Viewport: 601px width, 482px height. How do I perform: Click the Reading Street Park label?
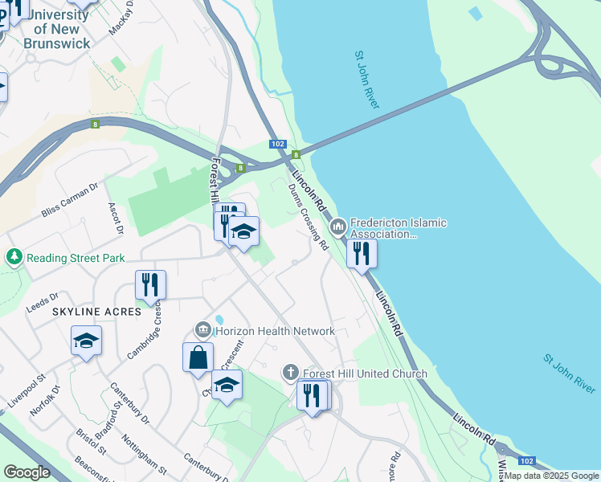pyautogui.click(x=76, y=258)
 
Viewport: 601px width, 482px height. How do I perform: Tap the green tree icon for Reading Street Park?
pyautogui.click(x=14, y=257)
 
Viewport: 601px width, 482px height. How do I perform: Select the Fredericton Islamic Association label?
pyautogui.click(x=398, y=228)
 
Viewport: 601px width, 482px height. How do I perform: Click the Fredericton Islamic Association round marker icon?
pyautogui.click(x=337, y=228)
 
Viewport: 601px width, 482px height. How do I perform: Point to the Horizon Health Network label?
pyautogui.click(x=275, y=331)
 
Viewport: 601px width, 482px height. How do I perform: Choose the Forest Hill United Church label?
pyautogui.click(x=365, y=374)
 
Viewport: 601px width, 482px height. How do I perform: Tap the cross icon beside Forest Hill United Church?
pyautogui.click(x=291, y=373)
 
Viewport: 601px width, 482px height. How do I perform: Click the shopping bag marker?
pyautogui.click(x=198, y=357)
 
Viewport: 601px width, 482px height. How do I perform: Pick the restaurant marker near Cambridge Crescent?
pyautogui.click(x=150, y=284)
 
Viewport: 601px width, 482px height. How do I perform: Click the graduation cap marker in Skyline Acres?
pyautogui.click(x=86, y=341)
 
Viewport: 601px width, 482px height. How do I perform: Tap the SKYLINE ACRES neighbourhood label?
pyautogui.click(x=97, y=311)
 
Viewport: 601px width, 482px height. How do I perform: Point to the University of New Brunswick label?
pyautogui.click(x=56, y=30)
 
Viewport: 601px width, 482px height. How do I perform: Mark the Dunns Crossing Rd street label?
pyautogui.click(x=309, y=216)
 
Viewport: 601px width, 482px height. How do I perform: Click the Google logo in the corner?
pyautogui.click(x=27, y=472)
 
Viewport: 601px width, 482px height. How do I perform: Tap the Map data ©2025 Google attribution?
pyautogui.click(x=550, y=476)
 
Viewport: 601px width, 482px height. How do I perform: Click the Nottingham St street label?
pyautogui.click(x=144, y=453)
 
